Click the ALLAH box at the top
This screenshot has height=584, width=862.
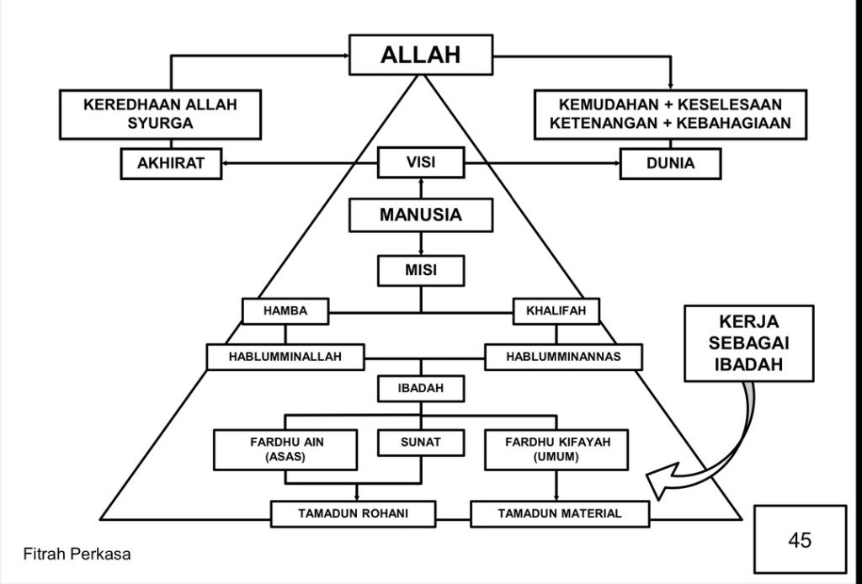click(x=420, y=55)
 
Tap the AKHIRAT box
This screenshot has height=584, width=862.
click(x=172, y=163)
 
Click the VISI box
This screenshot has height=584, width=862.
click(x=420, y=162)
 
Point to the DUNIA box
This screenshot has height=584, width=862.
click(x=670, y=163)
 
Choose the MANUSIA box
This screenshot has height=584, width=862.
click(x=420, y=215)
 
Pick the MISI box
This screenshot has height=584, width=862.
click(x=420, y=270)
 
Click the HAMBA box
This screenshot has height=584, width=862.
click(x=285, y=311)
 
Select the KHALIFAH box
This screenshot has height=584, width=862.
click(x=556, y=311)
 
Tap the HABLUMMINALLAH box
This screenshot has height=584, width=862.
click(x=285, y=357)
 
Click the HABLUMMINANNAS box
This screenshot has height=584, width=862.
click(x=563, y=357)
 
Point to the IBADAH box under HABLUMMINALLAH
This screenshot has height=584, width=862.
click(x=420, y=389)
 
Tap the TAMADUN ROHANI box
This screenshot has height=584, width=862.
click(x=354, y=513)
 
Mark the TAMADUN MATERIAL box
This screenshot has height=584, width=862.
click(x=560, y=513)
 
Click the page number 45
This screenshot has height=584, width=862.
click(x=800, y=539)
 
